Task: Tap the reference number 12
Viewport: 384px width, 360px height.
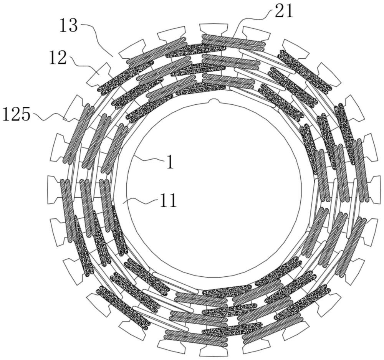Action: pos(58,58)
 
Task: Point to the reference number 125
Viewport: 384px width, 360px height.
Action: pos(17,114)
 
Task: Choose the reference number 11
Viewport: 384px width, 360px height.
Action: pos(168,201)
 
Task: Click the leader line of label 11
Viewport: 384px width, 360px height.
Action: pos(141,201)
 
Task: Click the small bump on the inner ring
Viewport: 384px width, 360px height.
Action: pos(214,101)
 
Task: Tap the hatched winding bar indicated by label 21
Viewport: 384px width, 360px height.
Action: pos(233,40)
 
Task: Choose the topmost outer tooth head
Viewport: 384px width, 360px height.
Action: pos(214,28)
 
